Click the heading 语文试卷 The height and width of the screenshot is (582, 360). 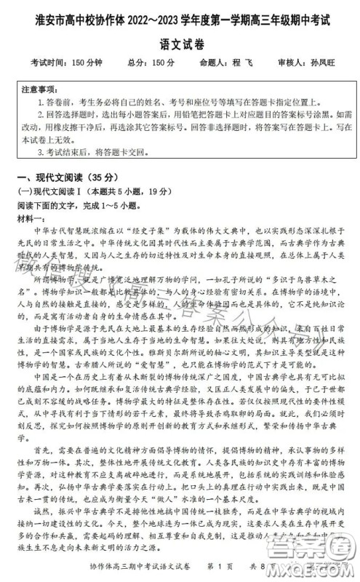(180, 36)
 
